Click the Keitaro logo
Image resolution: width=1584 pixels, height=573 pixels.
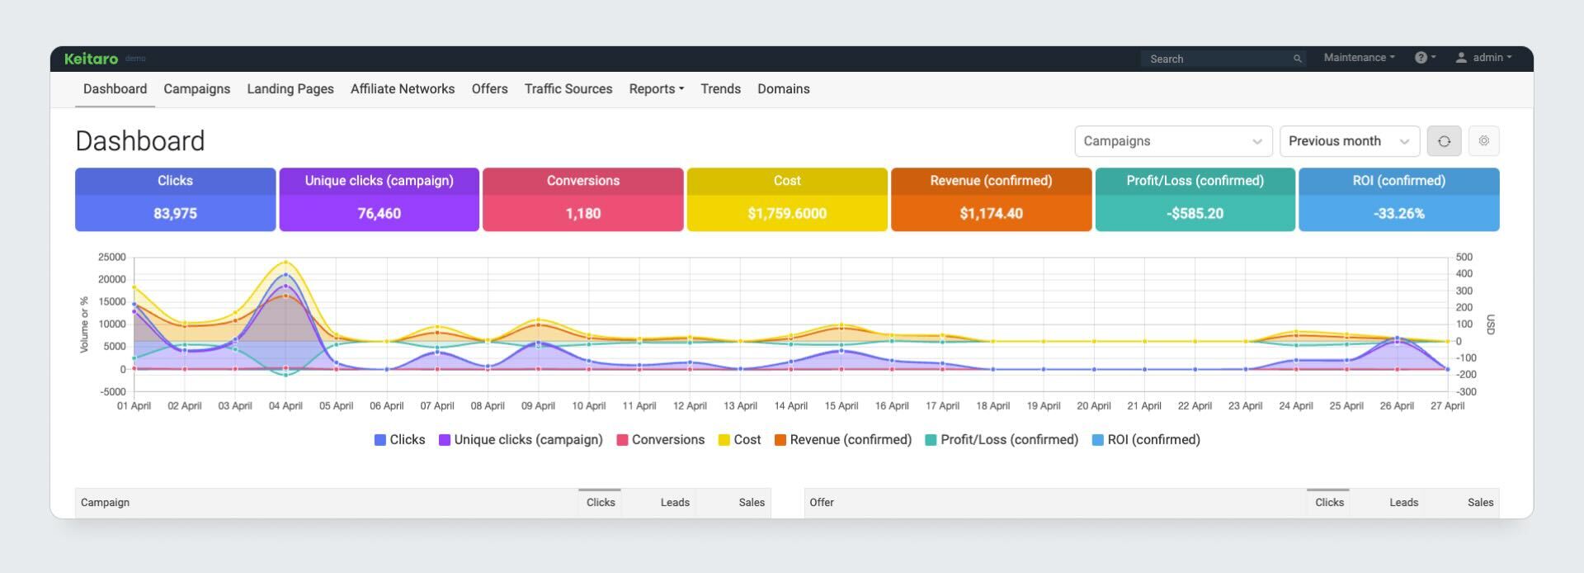[x=91, y=59]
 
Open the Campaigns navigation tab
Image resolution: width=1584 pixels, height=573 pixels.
[x=196, y=89]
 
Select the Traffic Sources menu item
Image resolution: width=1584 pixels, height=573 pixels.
[x=568, y=89]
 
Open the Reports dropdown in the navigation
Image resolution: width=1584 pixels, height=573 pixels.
[x=656, y=89]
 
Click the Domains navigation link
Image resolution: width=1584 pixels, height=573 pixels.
[x=783, y=89]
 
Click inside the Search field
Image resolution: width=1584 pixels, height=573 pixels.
[x=1217, y=59]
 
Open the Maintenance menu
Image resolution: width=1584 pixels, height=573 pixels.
[x=1358, y=58]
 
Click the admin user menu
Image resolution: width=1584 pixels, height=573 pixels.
[x=1484, y=58]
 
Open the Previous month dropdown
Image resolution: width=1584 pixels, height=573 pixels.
[x=1348, y=141]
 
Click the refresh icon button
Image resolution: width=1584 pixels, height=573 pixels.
[x=1444, y=141]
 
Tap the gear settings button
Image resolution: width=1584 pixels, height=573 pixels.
[x=1483, y=141]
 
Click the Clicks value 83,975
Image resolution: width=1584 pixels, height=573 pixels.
[x=175, y=213]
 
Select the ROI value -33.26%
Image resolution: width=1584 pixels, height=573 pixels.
[x=1398, y=213]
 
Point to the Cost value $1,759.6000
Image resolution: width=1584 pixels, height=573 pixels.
[x=786, y=213]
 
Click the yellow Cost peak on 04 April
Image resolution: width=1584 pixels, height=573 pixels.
[x=285, y=263]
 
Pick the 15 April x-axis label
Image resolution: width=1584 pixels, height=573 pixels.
[x=841, y=405]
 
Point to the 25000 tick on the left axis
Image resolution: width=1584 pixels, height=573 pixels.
[x=111, y=258]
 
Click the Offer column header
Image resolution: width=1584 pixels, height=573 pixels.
[x=822, y=502]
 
